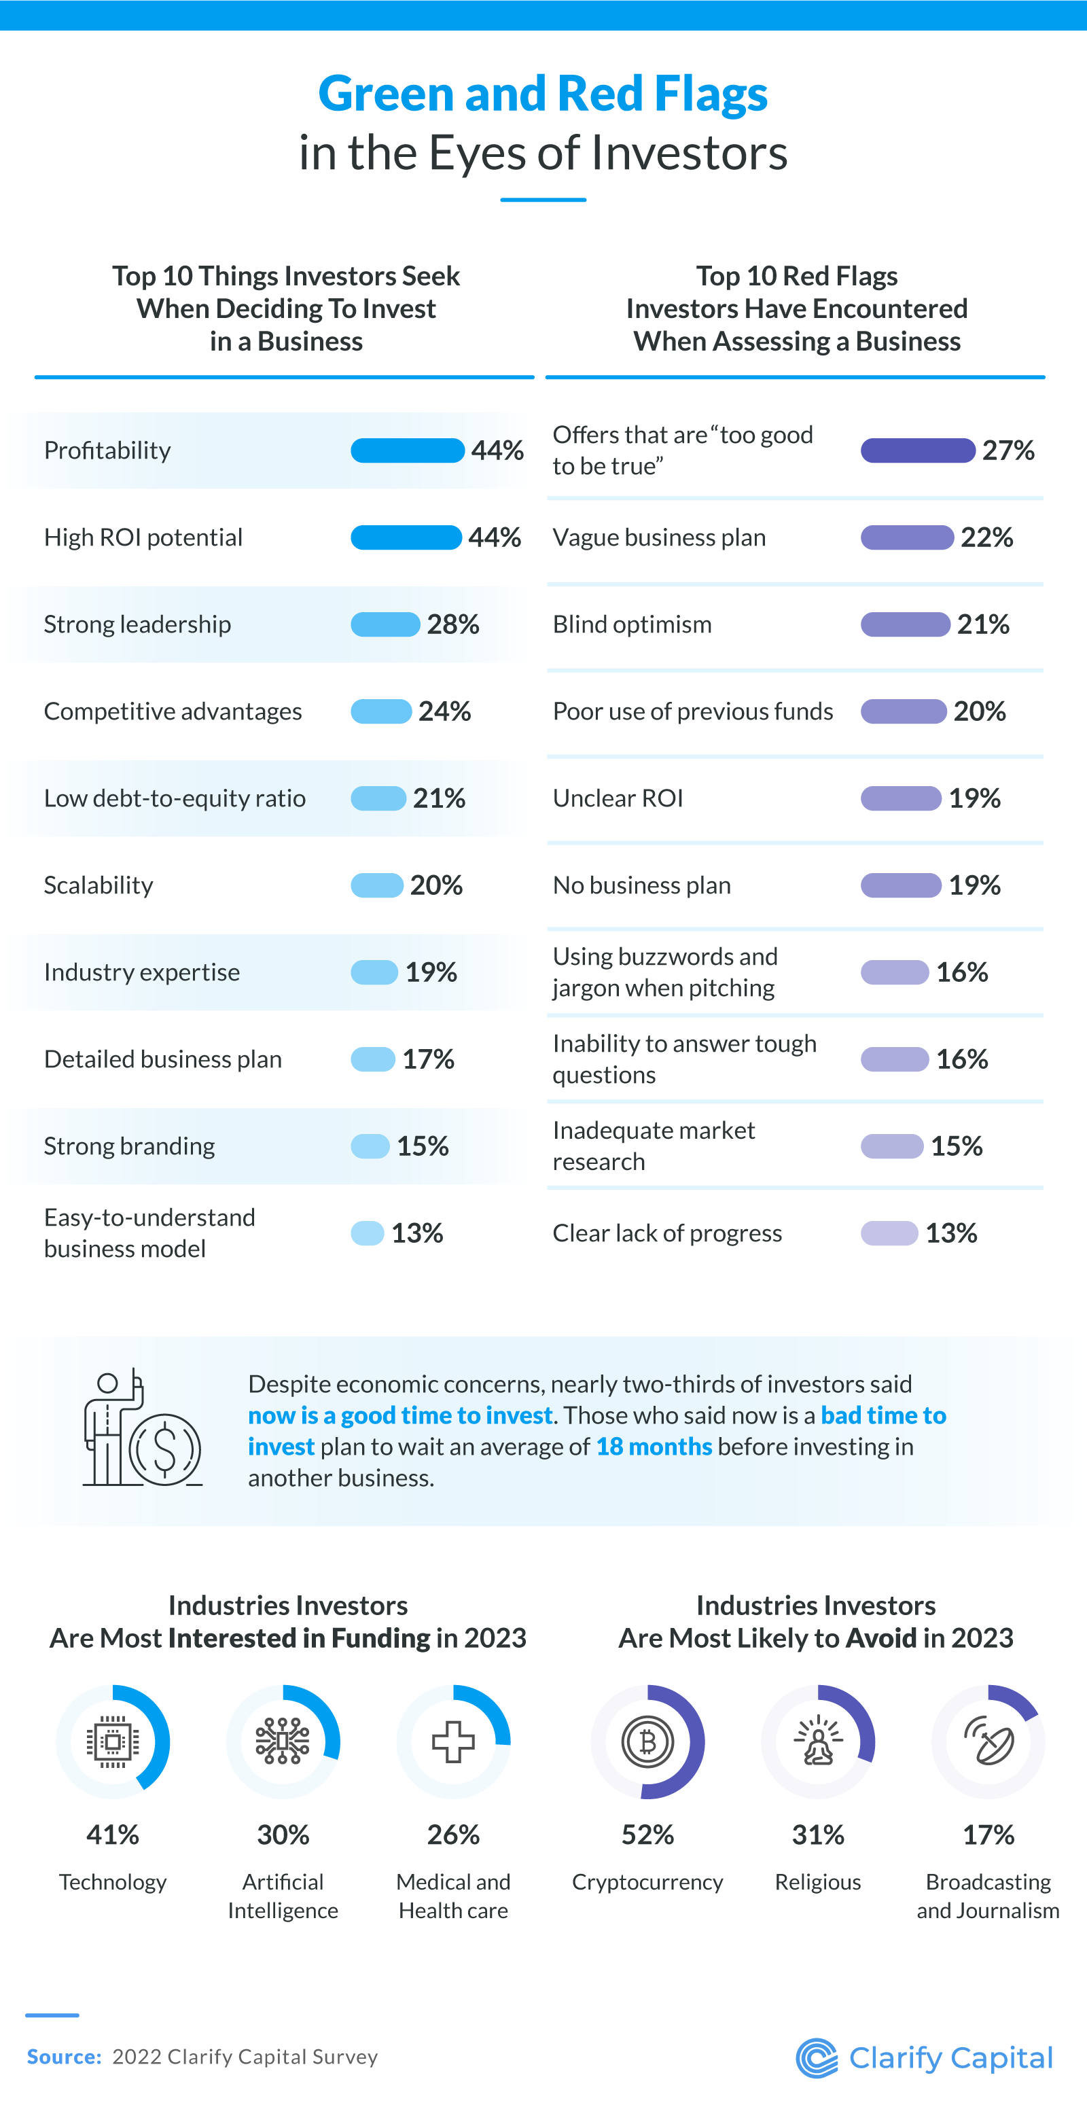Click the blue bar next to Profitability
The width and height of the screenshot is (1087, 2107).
coord(408,450)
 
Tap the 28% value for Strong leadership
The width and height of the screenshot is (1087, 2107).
coord(452,625)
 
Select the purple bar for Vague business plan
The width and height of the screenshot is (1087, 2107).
coord(906,538)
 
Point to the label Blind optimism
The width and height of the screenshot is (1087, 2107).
coord(631,625)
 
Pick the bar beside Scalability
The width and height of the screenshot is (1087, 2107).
coord(377,885)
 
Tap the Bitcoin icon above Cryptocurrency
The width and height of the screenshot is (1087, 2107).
coord(647,1741)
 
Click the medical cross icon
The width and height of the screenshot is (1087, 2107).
coord(453,1741)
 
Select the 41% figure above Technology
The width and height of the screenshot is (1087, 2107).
coord(113,1835)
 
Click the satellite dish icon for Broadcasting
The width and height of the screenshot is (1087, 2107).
coord(988,1741)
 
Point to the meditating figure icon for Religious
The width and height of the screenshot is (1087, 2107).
coord(818,1741)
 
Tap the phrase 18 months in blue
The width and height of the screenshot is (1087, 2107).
coord(654,1446)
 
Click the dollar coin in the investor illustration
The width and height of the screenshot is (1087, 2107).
coord(165,1449)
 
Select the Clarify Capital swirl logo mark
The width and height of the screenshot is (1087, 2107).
coord(817,2058)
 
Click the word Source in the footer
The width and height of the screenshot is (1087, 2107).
coord(64,2056)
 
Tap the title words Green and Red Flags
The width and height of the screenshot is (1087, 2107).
coord(543,93)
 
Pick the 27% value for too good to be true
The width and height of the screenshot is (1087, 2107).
coord(1008,450)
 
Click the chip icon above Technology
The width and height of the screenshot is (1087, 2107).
coord(113,1741)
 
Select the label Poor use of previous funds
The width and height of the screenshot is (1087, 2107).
coord(692,711)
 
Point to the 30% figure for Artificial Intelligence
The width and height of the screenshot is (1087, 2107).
coord(283,1835)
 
